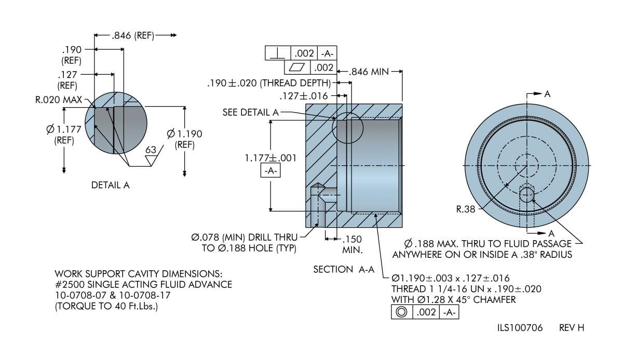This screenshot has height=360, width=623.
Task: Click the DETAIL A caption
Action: (x=110, y=185)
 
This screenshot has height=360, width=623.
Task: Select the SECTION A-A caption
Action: (x=344, y=269)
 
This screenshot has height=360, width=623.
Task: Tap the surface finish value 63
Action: (x=151, y=150)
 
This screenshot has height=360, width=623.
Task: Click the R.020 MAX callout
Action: (x=59, y=99)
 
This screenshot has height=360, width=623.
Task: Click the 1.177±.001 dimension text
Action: (x=270, y=158)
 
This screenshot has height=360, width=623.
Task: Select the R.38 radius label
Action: (x=466, y=210)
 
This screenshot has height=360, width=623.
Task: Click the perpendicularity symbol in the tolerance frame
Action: (x=278, y=53)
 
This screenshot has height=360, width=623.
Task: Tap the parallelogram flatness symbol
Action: (x=297, y=67)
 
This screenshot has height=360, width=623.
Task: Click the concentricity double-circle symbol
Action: (x=401, y=312)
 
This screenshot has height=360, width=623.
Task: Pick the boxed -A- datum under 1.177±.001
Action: (x=270, y=171)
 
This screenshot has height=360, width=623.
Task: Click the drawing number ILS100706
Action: (x=520, y=328)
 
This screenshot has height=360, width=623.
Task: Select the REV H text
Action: (x=572, y=328)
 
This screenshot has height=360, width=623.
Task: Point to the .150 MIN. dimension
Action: (x=352, y=245)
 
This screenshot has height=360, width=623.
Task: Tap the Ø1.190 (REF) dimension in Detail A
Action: (x=184, y=139)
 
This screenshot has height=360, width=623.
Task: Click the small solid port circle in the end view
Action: (x=527, y=195)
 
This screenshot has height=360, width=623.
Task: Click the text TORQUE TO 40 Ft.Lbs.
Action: (x=106, y=307)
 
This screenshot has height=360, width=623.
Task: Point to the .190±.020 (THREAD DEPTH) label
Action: (x=268, y=83)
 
